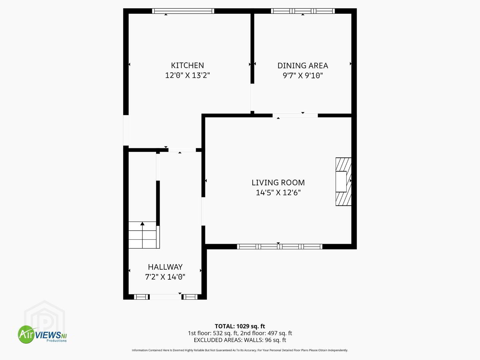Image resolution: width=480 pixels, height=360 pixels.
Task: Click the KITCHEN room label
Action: pos(187,65)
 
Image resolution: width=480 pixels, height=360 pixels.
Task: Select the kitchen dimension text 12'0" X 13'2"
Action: pos(187,75)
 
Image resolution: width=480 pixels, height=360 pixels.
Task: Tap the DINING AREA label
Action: pos(303,66)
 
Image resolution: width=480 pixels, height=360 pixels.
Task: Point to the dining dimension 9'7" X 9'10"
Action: pos(303,76)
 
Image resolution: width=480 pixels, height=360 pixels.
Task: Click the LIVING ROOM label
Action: pos(278,183)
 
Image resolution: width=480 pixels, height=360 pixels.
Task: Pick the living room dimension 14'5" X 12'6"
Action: pos(278,193)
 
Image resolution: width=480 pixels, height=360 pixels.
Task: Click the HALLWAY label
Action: pos(165,267)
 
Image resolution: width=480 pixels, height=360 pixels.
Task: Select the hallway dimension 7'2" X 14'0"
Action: pos(165,277)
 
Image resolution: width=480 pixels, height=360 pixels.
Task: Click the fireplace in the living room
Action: pos(344,182)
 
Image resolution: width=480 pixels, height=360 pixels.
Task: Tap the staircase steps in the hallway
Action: pos(144,235)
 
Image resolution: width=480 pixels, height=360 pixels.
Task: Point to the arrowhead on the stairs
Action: pos(142,223)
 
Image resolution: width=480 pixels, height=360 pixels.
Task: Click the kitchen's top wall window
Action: pos(183,11)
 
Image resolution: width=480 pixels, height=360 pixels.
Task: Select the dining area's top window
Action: pos(303,11)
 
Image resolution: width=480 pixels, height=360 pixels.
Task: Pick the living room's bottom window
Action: pos(280,247)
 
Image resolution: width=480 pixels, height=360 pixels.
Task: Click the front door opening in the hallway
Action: pos(166,297)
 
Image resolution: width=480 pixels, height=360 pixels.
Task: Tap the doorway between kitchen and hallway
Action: pos(182,150)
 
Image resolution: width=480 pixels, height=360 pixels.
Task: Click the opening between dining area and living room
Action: pos(295,116)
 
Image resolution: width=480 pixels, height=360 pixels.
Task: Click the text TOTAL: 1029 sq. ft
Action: pos(240,326)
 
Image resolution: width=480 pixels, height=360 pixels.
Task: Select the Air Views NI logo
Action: pos(42,334)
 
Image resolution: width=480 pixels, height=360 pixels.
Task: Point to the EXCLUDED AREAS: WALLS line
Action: pos(240,340)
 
